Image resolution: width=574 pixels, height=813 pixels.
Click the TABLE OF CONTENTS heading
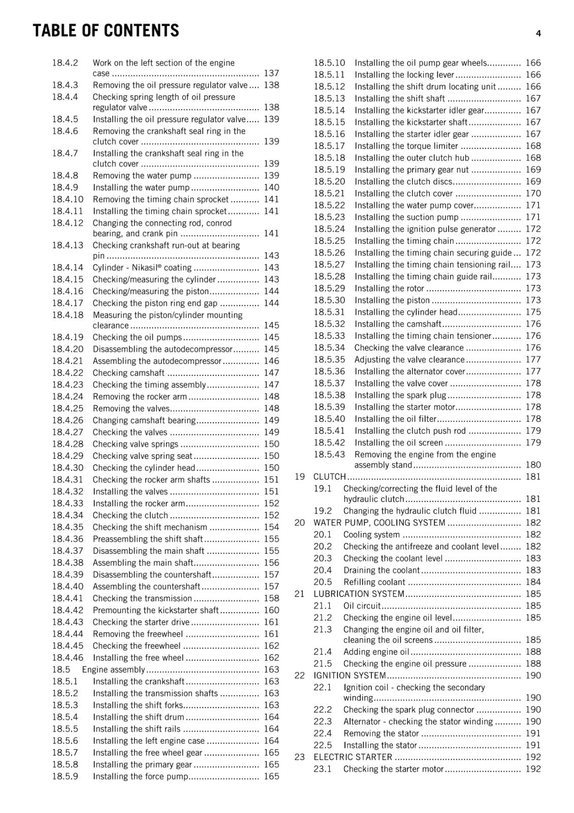pyautogui.click(x=106, y=31)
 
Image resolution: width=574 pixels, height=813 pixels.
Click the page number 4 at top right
pyautogui.click(x=538, y=34)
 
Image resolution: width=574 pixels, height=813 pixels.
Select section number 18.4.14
pyautogui.click(x=68, y=267)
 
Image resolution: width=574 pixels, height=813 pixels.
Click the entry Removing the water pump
pyautogui.click(x=142, y=176)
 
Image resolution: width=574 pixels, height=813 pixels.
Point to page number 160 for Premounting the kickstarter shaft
pyautogui.click(x=271, y=610)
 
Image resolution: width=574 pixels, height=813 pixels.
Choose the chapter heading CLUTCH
pyautogui.click(x=329, y=477)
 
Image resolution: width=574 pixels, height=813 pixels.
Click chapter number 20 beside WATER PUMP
pyautogui.click(x=300, y=523)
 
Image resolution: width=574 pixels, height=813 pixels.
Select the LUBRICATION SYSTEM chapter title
pyautogui.click(x=359, y=594)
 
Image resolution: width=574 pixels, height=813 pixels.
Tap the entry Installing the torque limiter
pyautogui.click(x=406, y=146)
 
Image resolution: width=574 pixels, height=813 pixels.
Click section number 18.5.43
pyautogui.click(x=329, y=455)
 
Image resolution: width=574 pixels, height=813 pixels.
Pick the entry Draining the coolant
pyautogui.click(x=381, y=570)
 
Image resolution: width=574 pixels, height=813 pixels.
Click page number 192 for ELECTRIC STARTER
pyautogui.click(x=533, y=757)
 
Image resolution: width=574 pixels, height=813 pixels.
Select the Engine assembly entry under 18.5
pyautogui.click(x=113, y=670)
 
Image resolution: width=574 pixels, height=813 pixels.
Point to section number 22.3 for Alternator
pyautogui.click(x=323, y=722)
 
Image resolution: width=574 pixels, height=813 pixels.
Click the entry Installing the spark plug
pyautogui.click(x=400, y=395)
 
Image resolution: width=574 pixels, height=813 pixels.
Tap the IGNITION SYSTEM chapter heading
pyautogui.click(x=349, y=676)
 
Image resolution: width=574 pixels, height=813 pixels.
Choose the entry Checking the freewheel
pyautogui.click(x=136, y=646)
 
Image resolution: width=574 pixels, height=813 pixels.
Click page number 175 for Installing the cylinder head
pyautogui.click(x=533, y=312)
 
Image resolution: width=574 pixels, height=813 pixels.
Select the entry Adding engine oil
pyautogui.click(x=376, y=652)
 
